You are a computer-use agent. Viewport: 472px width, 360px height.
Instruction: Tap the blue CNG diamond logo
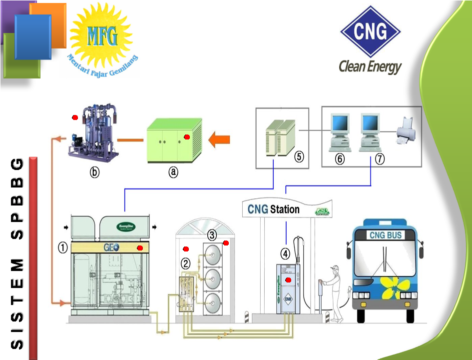coord(371,31)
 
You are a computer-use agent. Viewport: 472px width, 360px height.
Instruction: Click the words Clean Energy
coord(370,66)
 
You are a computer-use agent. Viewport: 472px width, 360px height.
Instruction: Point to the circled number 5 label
coord(299,157)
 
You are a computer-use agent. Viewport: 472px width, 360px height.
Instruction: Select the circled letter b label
coord(94,172)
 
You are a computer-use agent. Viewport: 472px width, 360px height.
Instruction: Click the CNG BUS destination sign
coord(385,235)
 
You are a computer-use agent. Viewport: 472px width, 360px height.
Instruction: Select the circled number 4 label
coord(285,253)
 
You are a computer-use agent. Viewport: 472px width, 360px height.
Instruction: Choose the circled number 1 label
coord(62,247)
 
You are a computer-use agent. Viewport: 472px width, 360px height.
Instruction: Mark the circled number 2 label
coord(185,263)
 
